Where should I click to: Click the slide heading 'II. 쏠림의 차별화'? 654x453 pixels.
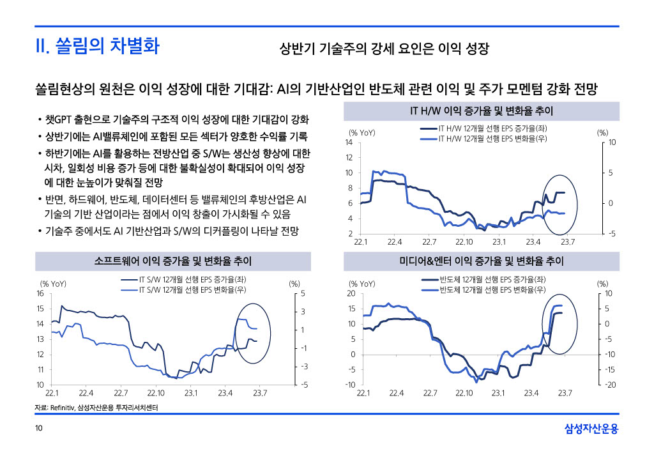(x=97, y=47)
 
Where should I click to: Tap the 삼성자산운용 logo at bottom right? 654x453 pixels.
(x=591, y=429)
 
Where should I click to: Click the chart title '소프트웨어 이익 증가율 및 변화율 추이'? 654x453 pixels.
(x=172, y=261)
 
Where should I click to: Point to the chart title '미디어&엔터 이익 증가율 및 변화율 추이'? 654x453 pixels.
(x=481, y=261)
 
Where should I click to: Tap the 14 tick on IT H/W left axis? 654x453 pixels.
(x=349, y=142)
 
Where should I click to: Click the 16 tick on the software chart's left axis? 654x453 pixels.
(x=40, y=293)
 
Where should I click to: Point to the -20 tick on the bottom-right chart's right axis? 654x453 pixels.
(x=610, y=385)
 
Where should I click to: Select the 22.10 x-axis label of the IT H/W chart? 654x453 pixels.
(x=464, y=242)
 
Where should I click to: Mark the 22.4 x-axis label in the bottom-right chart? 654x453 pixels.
(x=397, y=392)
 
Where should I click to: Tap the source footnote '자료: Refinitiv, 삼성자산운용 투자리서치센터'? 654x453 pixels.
(x=96, y=408)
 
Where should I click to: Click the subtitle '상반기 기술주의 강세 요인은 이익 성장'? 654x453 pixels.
(x=384, y=49)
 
